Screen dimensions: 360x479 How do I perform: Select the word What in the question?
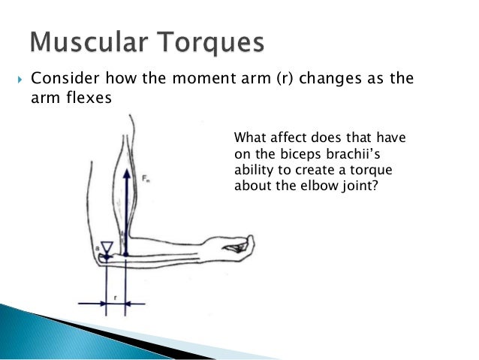(x=250, y=138)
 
